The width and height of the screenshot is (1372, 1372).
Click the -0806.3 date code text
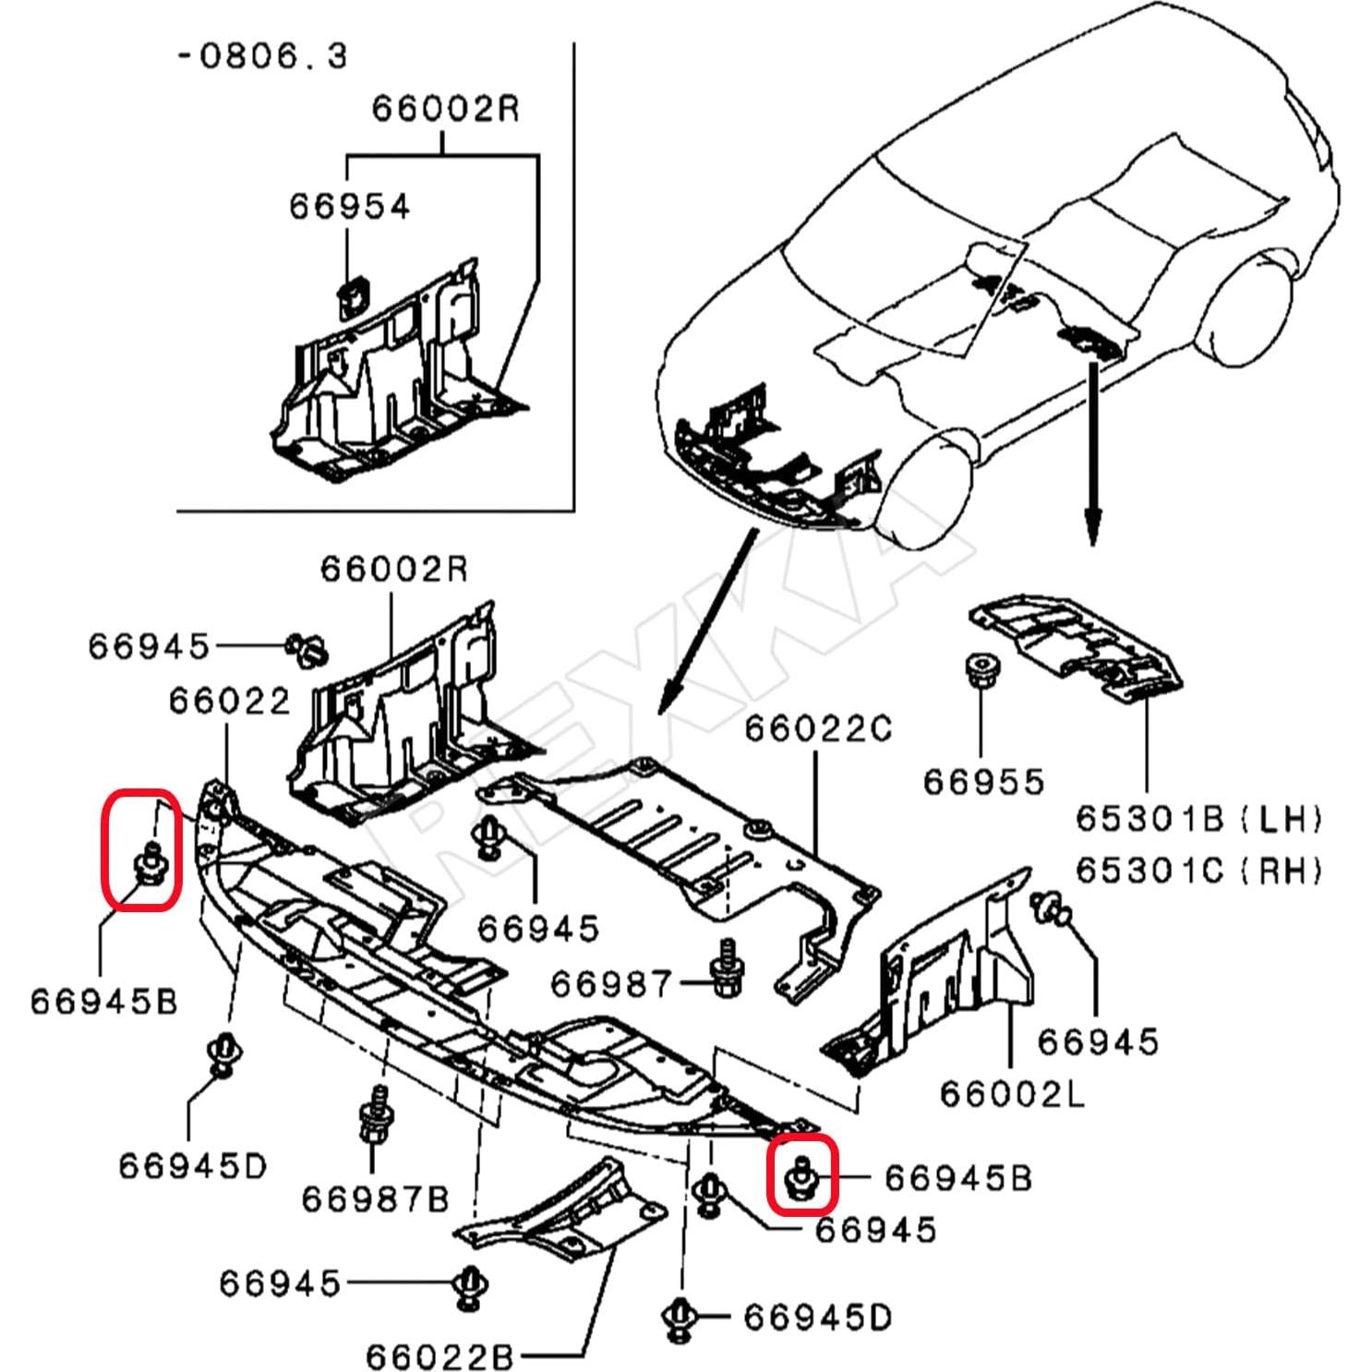click(x=262, y=56)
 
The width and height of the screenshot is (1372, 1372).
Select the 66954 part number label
click(x=349, y=206)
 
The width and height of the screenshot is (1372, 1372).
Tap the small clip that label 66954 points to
click(x=351, y=298)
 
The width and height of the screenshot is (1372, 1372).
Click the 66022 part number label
click(x=229, y=702)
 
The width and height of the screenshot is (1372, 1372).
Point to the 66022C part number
click(x=818, y=729)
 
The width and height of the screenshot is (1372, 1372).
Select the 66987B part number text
click(x=375, y=1199)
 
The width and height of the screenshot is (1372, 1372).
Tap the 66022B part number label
click(x=439, y=1356)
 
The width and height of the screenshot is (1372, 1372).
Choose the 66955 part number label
click(x=983, y=782)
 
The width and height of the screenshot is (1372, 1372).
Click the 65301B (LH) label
click(x=1198, y=818)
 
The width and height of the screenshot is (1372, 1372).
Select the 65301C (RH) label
click(x=1198, y=870)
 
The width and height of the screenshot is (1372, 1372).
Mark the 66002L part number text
click(x=1012, y=1094)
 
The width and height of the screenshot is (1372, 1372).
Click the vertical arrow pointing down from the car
click(x=1092, y=452)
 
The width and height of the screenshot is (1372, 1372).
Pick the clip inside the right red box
click(x=800, y=1177)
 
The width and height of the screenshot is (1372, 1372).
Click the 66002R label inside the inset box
click(x=445, y=109)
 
